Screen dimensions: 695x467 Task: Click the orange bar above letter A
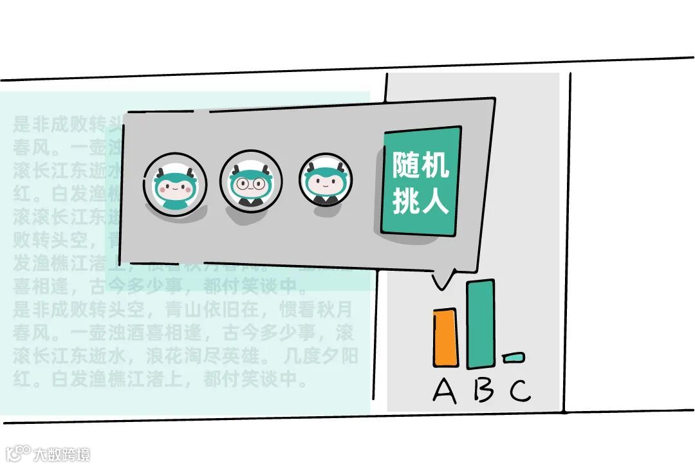[x=445, y=337]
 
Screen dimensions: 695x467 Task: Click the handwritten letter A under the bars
[x=445, y=390]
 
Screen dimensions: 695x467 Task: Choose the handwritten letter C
[x=520, y=390]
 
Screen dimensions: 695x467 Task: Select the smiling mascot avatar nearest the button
[x=326, y=181]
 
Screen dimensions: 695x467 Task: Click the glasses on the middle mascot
[x=250, y=183]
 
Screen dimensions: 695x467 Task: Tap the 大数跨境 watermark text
[x=62, y=453]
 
